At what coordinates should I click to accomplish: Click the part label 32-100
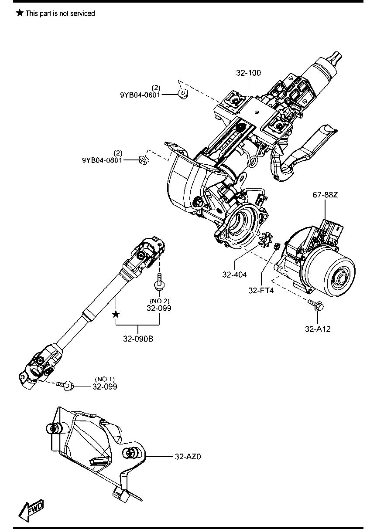click(248, 73)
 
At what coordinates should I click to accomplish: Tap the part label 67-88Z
click(325, 195)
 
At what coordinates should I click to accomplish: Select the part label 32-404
click(234, 275)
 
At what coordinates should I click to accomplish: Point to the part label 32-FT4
click(261, 290)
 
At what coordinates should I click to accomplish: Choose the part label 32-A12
click(318, 329)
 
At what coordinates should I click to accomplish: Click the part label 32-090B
click(138, 339)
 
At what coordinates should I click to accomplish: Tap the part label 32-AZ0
click(188, 457)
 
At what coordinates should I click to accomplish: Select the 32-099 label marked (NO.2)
click(159, 308)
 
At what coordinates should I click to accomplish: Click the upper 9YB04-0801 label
click(140, 95)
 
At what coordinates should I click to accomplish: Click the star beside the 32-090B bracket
click(116, 314)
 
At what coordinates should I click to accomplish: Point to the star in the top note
click(20, 13)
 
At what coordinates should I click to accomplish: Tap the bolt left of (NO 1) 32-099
click(65, 386)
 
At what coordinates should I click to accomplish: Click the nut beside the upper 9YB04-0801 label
click(183, 94)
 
